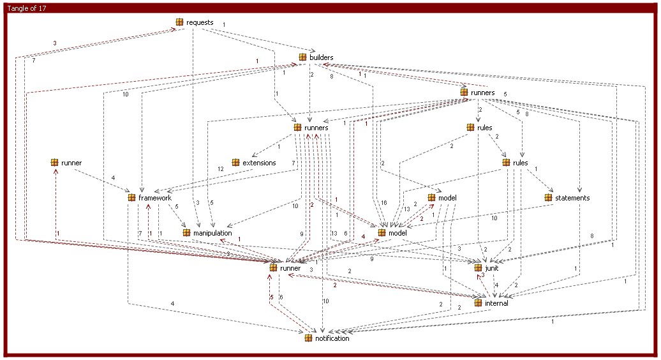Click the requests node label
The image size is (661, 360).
(200, 22)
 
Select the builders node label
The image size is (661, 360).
(321, 57)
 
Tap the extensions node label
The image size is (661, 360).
(259, 163)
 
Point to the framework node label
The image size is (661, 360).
(155, 198)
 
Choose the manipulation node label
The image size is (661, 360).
(212, 233)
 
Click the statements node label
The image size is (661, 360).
(572, 198)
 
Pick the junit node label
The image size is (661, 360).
(491, 268)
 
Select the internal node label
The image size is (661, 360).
(496, 303)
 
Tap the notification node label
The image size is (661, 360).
(332, 338)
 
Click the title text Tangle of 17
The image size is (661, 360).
(27, 8)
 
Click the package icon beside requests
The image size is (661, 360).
(179, 22)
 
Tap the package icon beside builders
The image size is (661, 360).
(302, 57)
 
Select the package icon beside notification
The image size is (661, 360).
(309, 338)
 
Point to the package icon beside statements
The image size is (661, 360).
(549, 198)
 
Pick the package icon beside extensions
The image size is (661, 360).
(235, 163)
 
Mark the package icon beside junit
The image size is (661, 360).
(478, 268)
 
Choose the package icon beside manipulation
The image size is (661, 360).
(186, 233)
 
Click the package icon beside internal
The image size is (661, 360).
(478, 303)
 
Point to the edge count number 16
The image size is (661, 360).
(383, 203)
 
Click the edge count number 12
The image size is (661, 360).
(221, 169)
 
